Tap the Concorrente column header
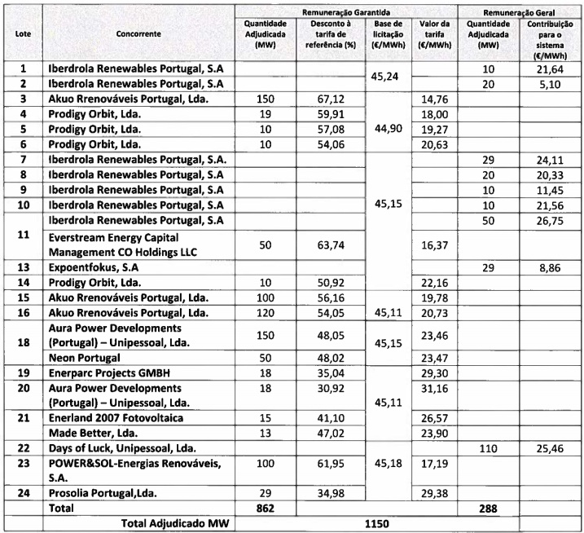click(138, 36)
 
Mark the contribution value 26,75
click(545, 220)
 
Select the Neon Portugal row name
click(84, 359)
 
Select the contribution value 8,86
click(545, 267)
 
